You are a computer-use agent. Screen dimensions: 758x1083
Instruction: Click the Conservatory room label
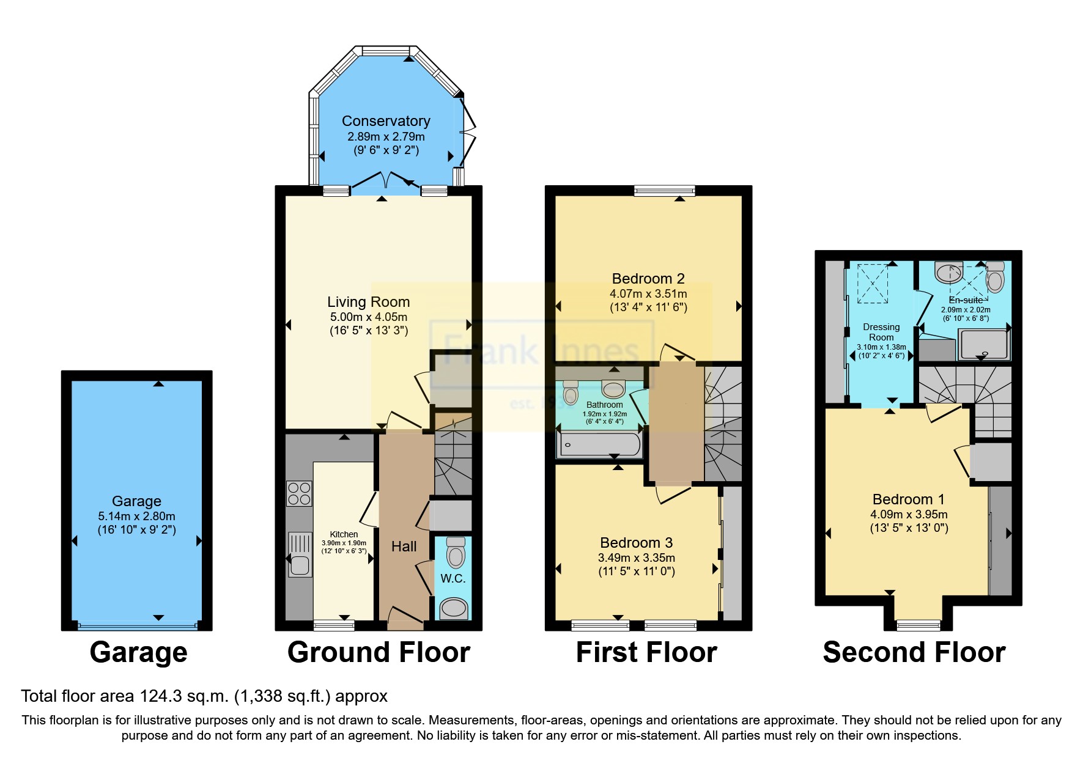pyautogui.click(x=385, y=121)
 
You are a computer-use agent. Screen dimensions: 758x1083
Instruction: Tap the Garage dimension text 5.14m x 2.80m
pyautogui.click(x=136, y=516)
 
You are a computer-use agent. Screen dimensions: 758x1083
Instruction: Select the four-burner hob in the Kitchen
pyautogui.click(x=299, y=493)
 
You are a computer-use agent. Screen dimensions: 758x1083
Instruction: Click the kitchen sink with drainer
pyautogui.click(x=299, y=555)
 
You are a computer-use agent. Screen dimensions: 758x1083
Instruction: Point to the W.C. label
pyautogui.click(x=453, y=578)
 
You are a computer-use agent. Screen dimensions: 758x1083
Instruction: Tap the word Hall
pyautogui.click(x=404, y=546)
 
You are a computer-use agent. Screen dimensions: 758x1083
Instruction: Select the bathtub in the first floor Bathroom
pyautogui.click(x=599, y=444)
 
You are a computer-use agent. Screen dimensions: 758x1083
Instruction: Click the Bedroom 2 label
pyautogui.click(x=648, y=279)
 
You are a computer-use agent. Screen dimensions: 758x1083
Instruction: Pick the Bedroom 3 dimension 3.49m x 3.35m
pyautogui.click(x=636, y=557)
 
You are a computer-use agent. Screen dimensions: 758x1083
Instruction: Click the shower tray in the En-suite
pyautogui.click(x=983, y=344)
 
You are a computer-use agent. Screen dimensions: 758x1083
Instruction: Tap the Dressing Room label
pyautogui.click(x=881, y=332)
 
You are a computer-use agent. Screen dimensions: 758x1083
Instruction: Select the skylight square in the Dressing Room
pyautogui.click(x=873, y=283)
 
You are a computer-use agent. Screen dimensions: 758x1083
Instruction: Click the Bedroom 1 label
pyautogui.click(x=908, y=499)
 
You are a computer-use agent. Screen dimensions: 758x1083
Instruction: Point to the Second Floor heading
pyautogui.click(x=914, y=652)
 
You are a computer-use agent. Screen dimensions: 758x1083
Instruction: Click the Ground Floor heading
pyautogui.click(x=379, y=652)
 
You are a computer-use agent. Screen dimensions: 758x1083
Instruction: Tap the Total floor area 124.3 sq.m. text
pyautogui.click(x=204, y=696)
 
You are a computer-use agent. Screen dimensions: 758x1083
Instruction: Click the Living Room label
pyautogui.click(x=368, y=302)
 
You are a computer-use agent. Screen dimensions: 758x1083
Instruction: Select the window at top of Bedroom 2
pyautogui.click(x=665, y=191)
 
